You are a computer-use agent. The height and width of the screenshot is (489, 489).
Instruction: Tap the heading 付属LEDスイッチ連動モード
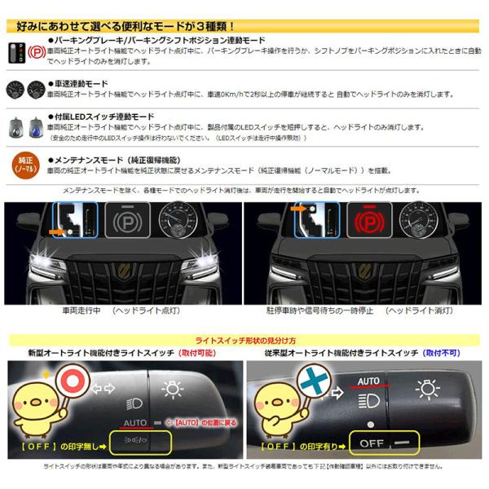pyautogui.click(x=101, y=117)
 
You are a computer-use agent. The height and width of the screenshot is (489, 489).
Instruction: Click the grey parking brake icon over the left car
pyautogui.click(x=126, y=222)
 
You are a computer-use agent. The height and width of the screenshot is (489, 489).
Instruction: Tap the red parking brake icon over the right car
pyautogui.click(x=369, y=221)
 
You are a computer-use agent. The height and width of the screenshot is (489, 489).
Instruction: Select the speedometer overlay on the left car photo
pyautogui.click(x=177, y=221)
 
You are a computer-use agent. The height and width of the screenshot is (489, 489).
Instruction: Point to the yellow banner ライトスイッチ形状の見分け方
pyautogui.click(x=244, y=340)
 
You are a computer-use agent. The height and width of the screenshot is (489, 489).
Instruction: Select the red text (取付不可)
pyautogui.click(x=442, y=353)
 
